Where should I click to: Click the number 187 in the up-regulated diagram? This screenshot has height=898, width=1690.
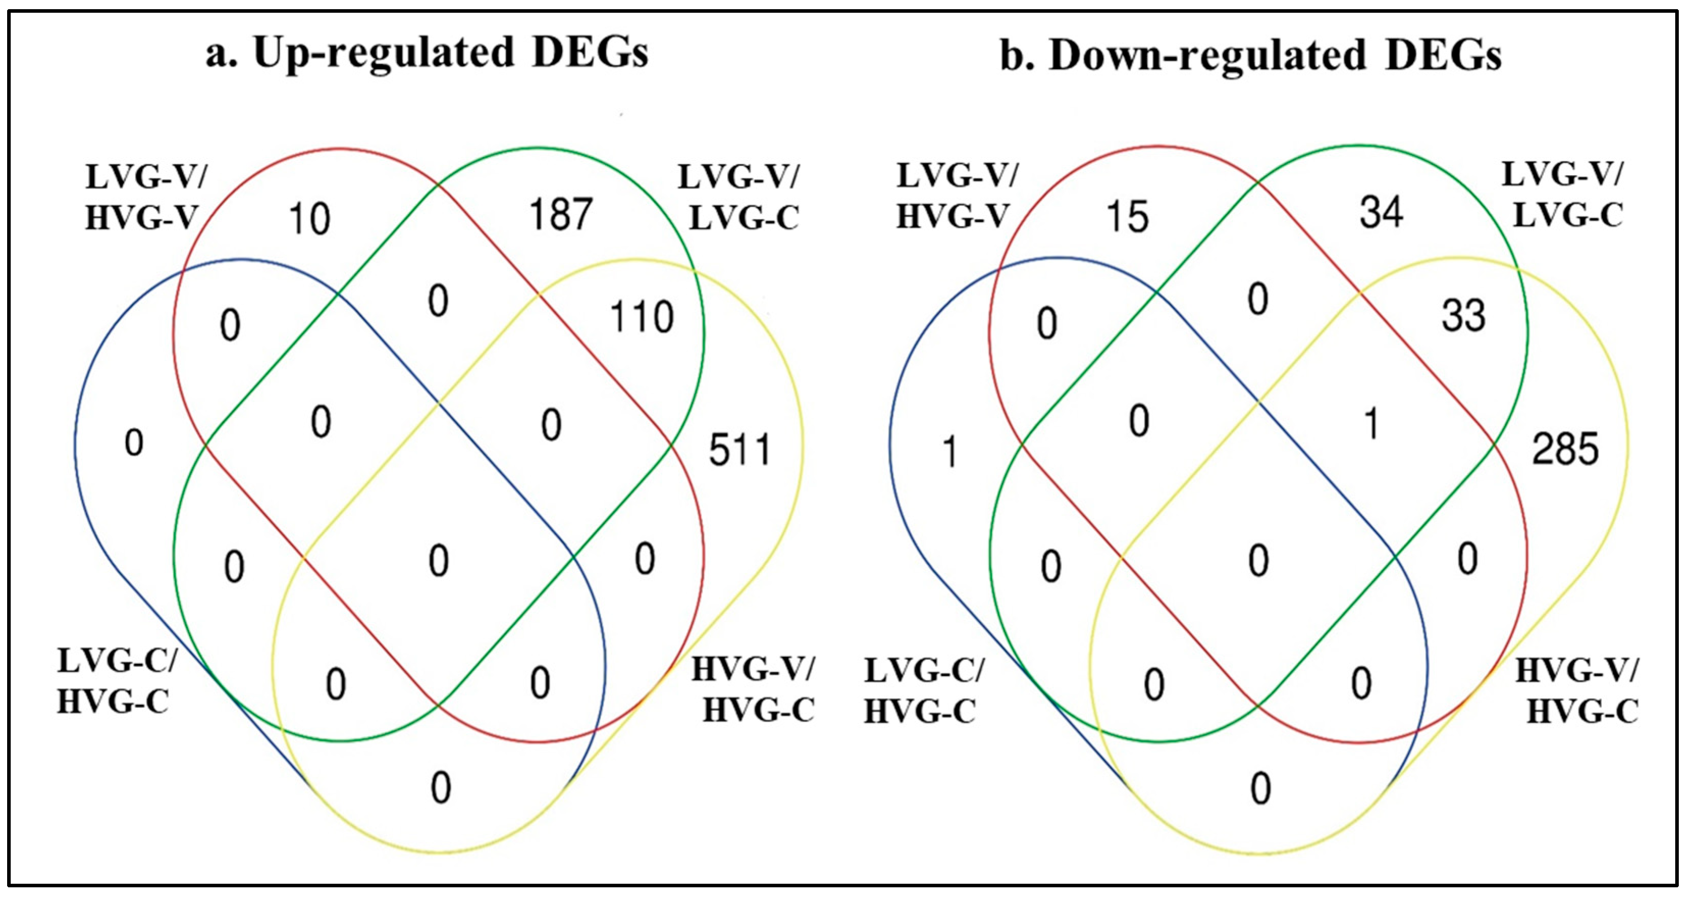click(x=560, y=214)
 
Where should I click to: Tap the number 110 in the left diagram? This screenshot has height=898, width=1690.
click(x=641, y=317)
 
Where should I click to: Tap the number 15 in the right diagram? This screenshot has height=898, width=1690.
click(x=1128, y=217)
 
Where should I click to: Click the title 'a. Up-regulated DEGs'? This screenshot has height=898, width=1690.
click(x=427, y=52)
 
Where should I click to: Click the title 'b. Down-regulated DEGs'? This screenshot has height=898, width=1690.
click(x=1250, y=55)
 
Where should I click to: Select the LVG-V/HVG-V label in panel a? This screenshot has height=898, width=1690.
click(x=146, y=198)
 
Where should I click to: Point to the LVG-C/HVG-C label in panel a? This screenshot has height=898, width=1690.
click(x=117, y=681)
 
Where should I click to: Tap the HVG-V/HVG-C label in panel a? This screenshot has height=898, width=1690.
click(x=755, y=690)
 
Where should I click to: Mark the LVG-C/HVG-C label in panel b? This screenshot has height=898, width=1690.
click(x=923, y=691)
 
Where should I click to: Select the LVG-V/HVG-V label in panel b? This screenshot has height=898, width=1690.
click(x=956, y=196)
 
